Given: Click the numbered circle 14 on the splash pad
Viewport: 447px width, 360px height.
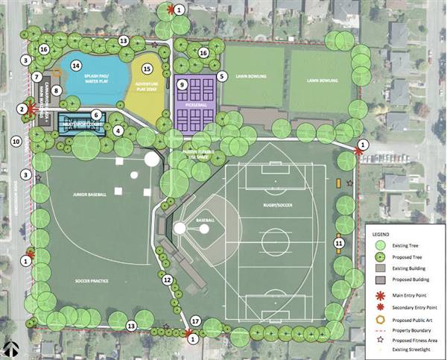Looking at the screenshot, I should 75,66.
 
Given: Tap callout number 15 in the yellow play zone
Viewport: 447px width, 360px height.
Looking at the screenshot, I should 147,69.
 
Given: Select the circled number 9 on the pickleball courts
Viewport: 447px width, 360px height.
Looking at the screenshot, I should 182,84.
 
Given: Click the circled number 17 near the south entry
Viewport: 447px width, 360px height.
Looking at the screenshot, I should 195,321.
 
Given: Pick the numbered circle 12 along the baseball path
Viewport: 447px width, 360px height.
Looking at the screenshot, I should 168,280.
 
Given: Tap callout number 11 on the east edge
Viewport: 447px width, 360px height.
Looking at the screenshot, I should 338,242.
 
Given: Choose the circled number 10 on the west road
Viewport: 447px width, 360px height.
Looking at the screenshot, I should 16,141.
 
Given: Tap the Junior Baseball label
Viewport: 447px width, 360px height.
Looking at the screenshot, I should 90,195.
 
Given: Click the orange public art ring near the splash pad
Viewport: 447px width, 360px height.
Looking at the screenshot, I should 56,72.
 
